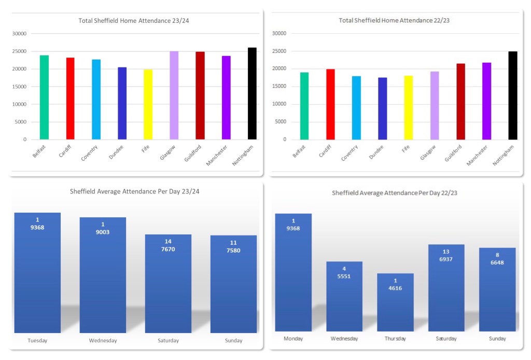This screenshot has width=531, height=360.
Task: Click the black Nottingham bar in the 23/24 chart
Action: (x=252, y=93)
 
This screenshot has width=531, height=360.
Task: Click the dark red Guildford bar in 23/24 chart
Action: (x=200, y=95)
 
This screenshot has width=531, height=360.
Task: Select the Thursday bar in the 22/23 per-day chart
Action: (x=395, y=306)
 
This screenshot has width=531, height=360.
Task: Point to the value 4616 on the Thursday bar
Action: (x=395, y=288)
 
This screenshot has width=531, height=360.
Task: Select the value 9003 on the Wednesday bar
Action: (x=103, y=232)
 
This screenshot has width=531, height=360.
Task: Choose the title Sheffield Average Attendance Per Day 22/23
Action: (x=395, y=193)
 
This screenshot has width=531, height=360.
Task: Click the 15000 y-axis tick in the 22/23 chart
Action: (x=279, y=87)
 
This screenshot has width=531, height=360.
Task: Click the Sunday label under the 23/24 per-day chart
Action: (x=233, y=341)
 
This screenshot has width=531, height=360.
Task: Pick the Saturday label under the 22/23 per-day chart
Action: (x=446, y=339)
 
